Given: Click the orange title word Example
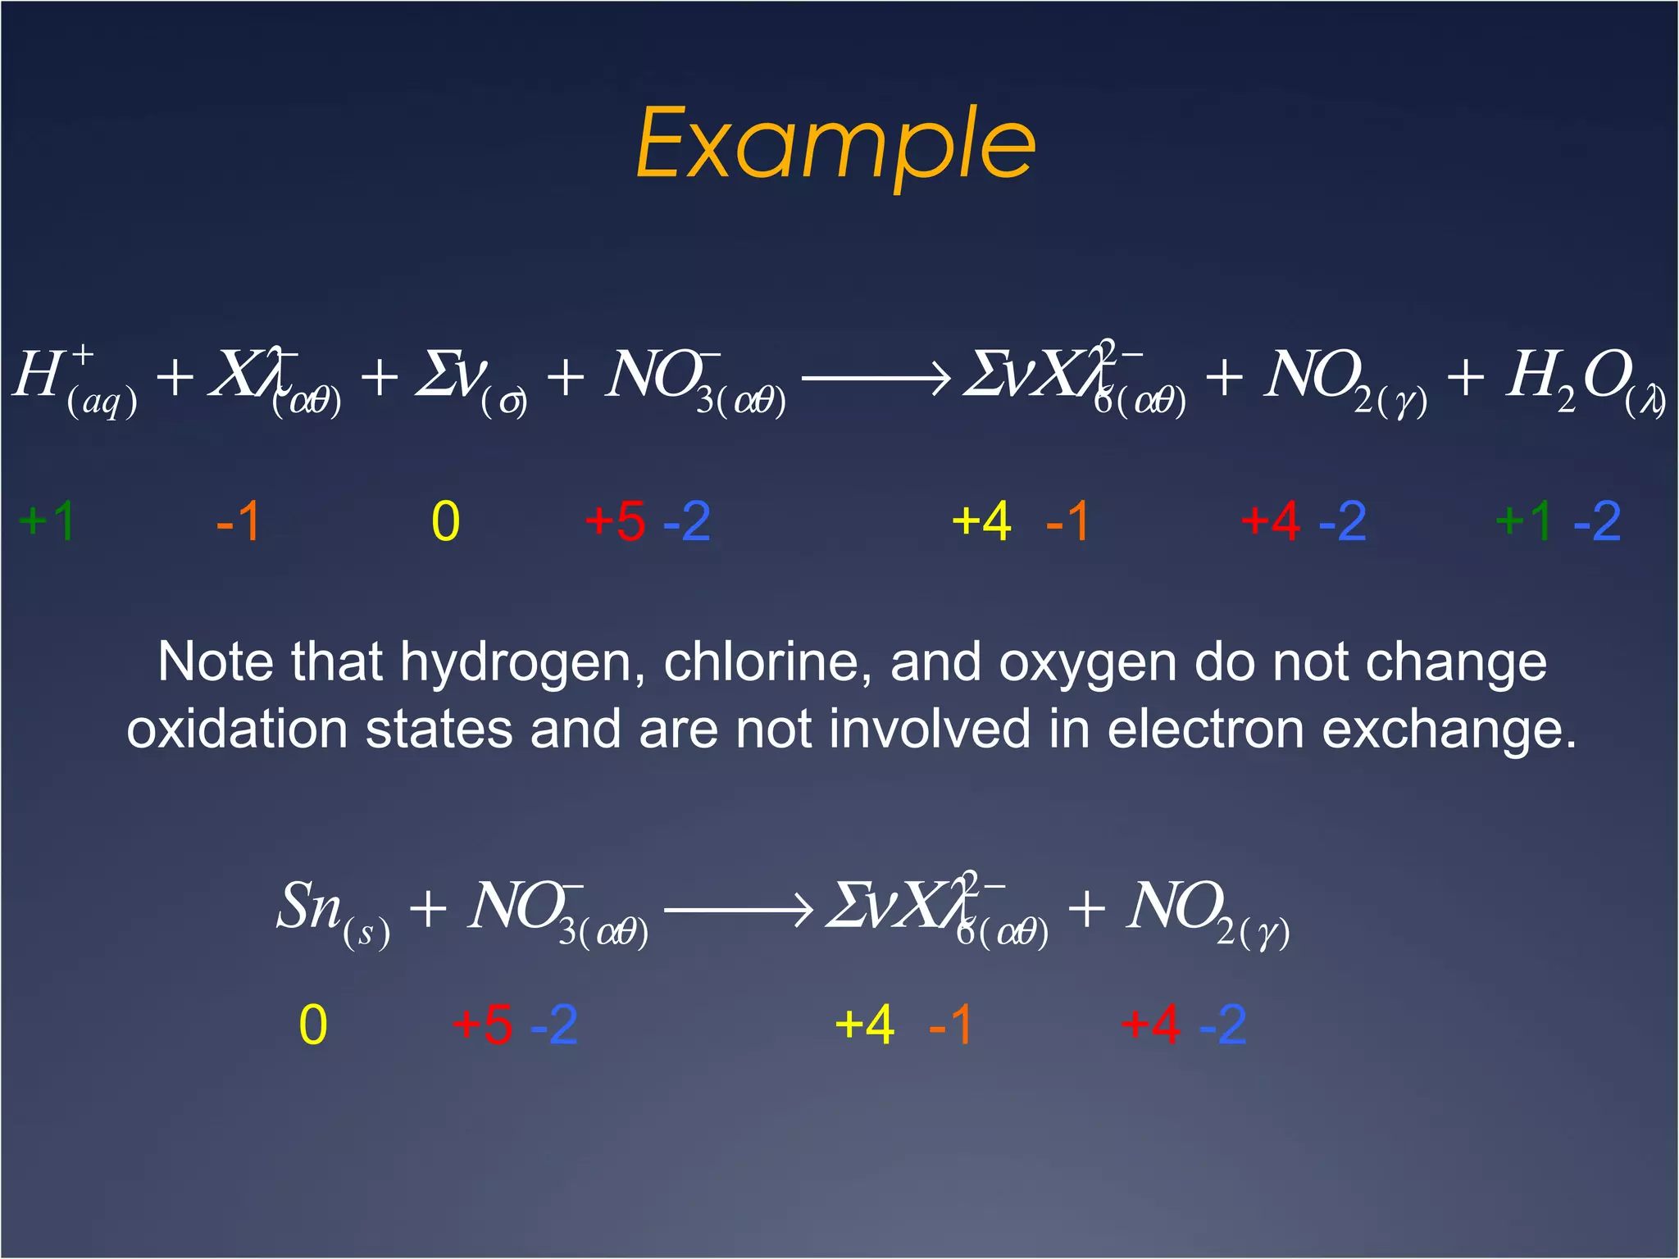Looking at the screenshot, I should click(x=835, y=146).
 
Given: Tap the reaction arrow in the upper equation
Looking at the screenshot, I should click(x=876, y=379).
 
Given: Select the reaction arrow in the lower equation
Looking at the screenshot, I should click(x=738, y=909).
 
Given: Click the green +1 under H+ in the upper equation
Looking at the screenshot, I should click(x=48, y=521).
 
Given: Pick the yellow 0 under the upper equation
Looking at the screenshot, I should click(x=446, y=521).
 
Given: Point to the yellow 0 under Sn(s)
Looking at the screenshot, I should click(x=313, y=1025).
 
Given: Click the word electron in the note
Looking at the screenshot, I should click(x=1205, y=729).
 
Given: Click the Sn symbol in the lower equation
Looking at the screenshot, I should click(x=309, y=907).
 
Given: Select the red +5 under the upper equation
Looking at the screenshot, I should click(x=616, y=521).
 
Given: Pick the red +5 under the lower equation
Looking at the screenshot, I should click(x=483, y=1025).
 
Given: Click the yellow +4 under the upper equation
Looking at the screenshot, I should click(x=981, y=521).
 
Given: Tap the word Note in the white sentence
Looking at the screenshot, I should click(x=214, y=662).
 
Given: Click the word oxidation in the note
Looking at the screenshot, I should click(x=237, y=729).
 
